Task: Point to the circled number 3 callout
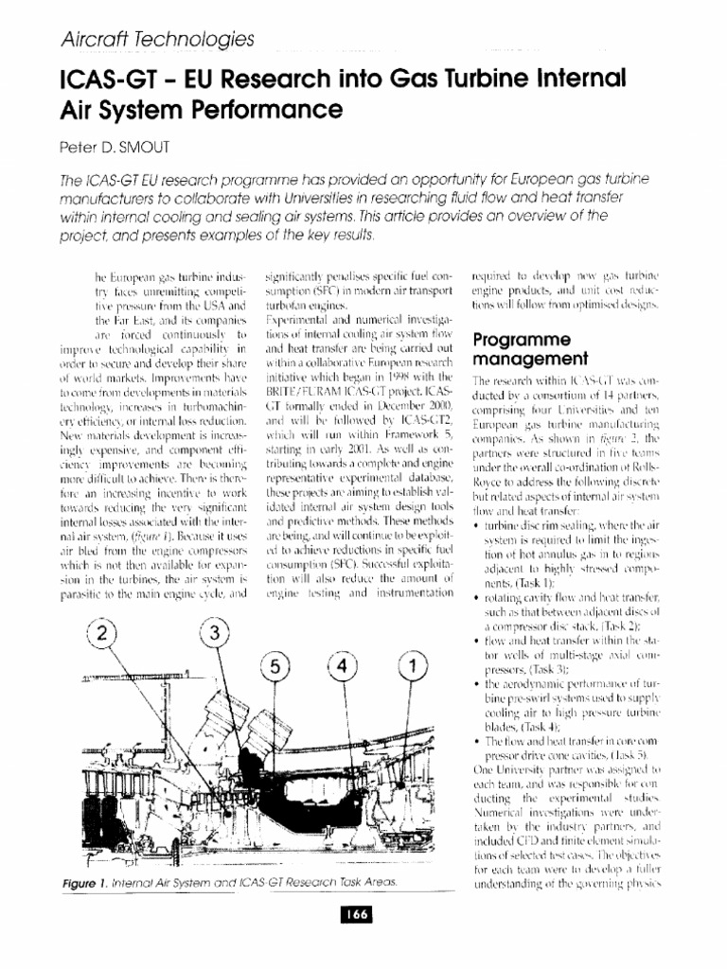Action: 218,631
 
